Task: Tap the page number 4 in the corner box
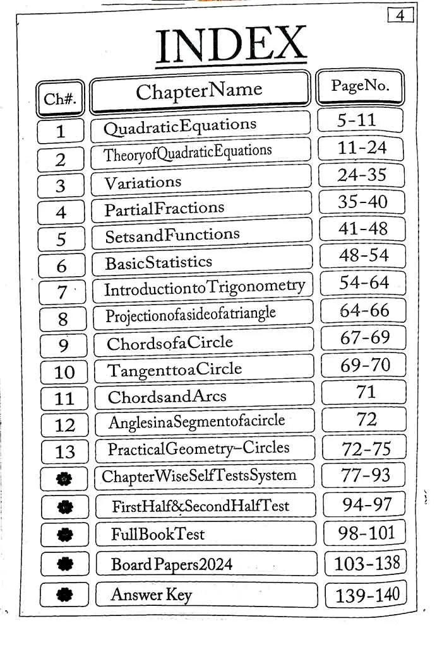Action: click(400, 15)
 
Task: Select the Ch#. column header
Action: click(60, 99)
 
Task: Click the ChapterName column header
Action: click(199, 92)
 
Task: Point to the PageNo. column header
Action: click(360, 86)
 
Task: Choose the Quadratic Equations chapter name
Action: click(180, 126)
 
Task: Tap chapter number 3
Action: click(61, 186)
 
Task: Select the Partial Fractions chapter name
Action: click(164, 208)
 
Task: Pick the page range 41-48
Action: click(363, 228)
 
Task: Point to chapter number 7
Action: click(62, 293)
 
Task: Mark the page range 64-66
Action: click(364, 310)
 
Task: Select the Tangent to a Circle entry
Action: click(174, 369)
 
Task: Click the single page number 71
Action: click(366, 392)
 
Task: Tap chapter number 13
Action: click(64, 451)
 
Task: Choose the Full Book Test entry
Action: click(158, 535)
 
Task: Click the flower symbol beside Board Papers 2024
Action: click(64, 564)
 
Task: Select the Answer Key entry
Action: click(151, 594)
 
